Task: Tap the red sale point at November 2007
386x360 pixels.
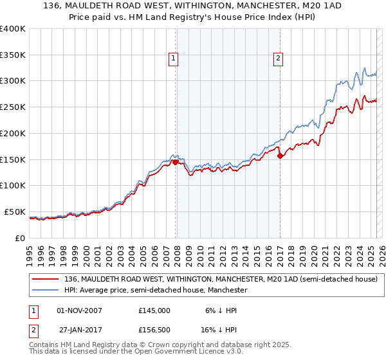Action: click(x=175, y=163)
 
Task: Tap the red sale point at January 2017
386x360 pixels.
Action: click(x=280, y=155)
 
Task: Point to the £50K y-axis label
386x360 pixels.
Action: click(x=15, y=212)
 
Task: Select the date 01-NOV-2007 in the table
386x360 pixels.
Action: click(x=80, y=310)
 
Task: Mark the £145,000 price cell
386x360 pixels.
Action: click(x=154, y=310)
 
